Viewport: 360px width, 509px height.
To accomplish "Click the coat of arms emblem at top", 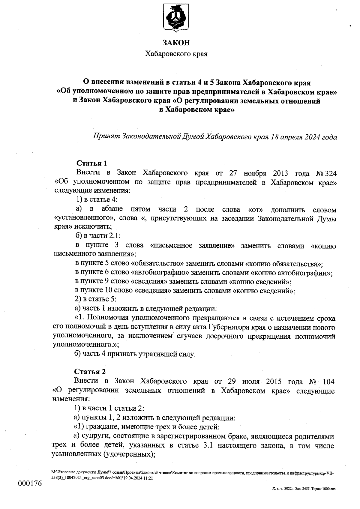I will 176,18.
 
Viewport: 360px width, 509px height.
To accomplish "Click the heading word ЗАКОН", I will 176,43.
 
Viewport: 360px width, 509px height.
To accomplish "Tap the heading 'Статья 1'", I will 92,163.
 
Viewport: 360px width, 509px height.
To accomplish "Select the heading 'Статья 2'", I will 90,372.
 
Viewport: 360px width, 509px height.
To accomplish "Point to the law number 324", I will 330,173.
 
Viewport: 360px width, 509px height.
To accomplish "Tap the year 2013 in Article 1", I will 280,173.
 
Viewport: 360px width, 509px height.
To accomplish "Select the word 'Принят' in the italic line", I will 107,137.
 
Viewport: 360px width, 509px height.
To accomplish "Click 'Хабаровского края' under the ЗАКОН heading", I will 176,54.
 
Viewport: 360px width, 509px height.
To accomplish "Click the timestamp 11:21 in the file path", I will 149,478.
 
